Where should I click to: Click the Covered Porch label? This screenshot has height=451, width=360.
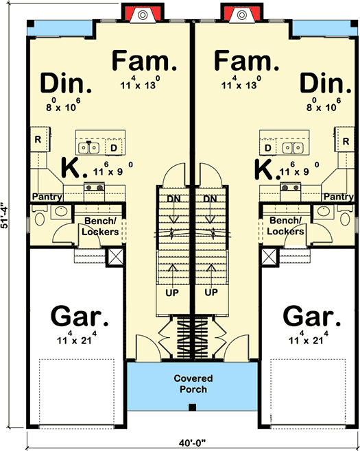click(x=193, y=384)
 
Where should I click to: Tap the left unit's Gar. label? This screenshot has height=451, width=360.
click(x=80, y=318)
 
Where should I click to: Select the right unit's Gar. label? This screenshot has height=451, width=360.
click(x=311, y=318)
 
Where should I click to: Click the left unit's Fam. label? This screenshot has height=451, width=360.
click(x=145, y=62)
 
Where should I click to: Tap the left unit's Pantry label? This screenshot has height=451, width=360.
click(x=45, y=197)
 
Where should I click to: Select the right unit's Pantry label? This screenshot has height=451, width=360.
click(x=338, y=197)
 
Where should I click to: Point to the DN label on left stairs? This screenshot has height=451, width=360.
click(x=173, y=199)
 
